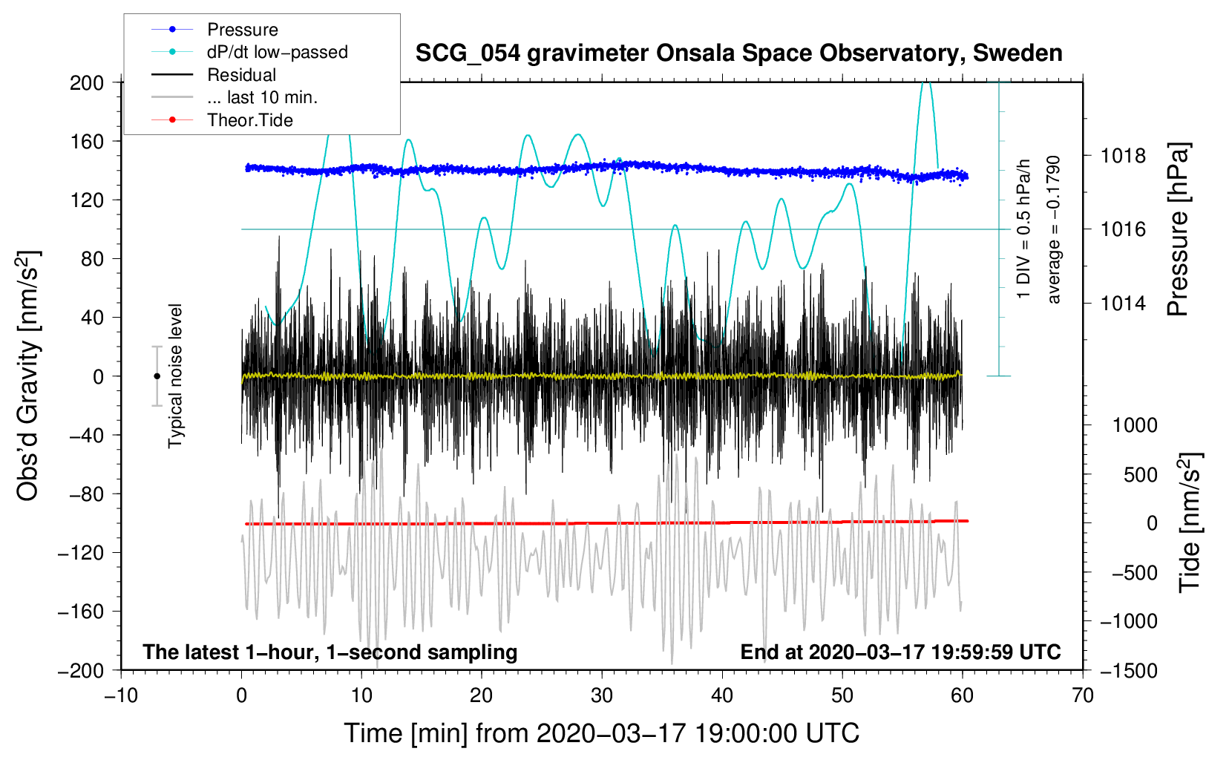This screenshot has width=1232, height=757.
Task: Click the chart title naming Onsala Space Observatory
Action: coord(738,53)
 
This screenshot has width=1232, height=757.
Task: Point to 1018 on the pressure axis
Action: coord(1123,156)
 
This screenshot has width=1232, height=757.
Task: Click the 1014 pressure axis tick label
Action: coord(1123,303)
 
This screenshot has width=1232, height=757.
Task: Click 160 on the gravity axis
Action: coord(86,142)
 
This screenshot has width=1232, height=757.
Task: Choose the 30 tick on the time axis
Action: coord(602,696)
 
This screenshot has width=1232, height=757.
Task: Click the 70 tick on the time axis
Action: coord(1082,696)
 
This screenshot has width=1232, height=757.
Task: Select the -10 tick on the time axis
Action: coord(121,696)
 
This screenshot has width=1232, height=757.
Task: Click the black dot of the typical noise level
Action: coord(157,376)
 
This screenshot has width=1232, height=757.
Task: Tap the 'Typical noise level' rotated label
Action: coord(175,376)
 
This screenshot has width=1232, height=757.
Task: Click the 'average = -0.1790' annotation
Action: coord(1053,230)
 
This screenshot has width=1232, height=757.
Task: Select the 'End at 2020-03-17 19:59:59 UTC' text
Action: coord(900,652)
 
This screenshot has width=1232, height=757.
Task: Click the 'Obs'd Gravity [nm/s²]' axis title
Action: coord(27,376)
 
